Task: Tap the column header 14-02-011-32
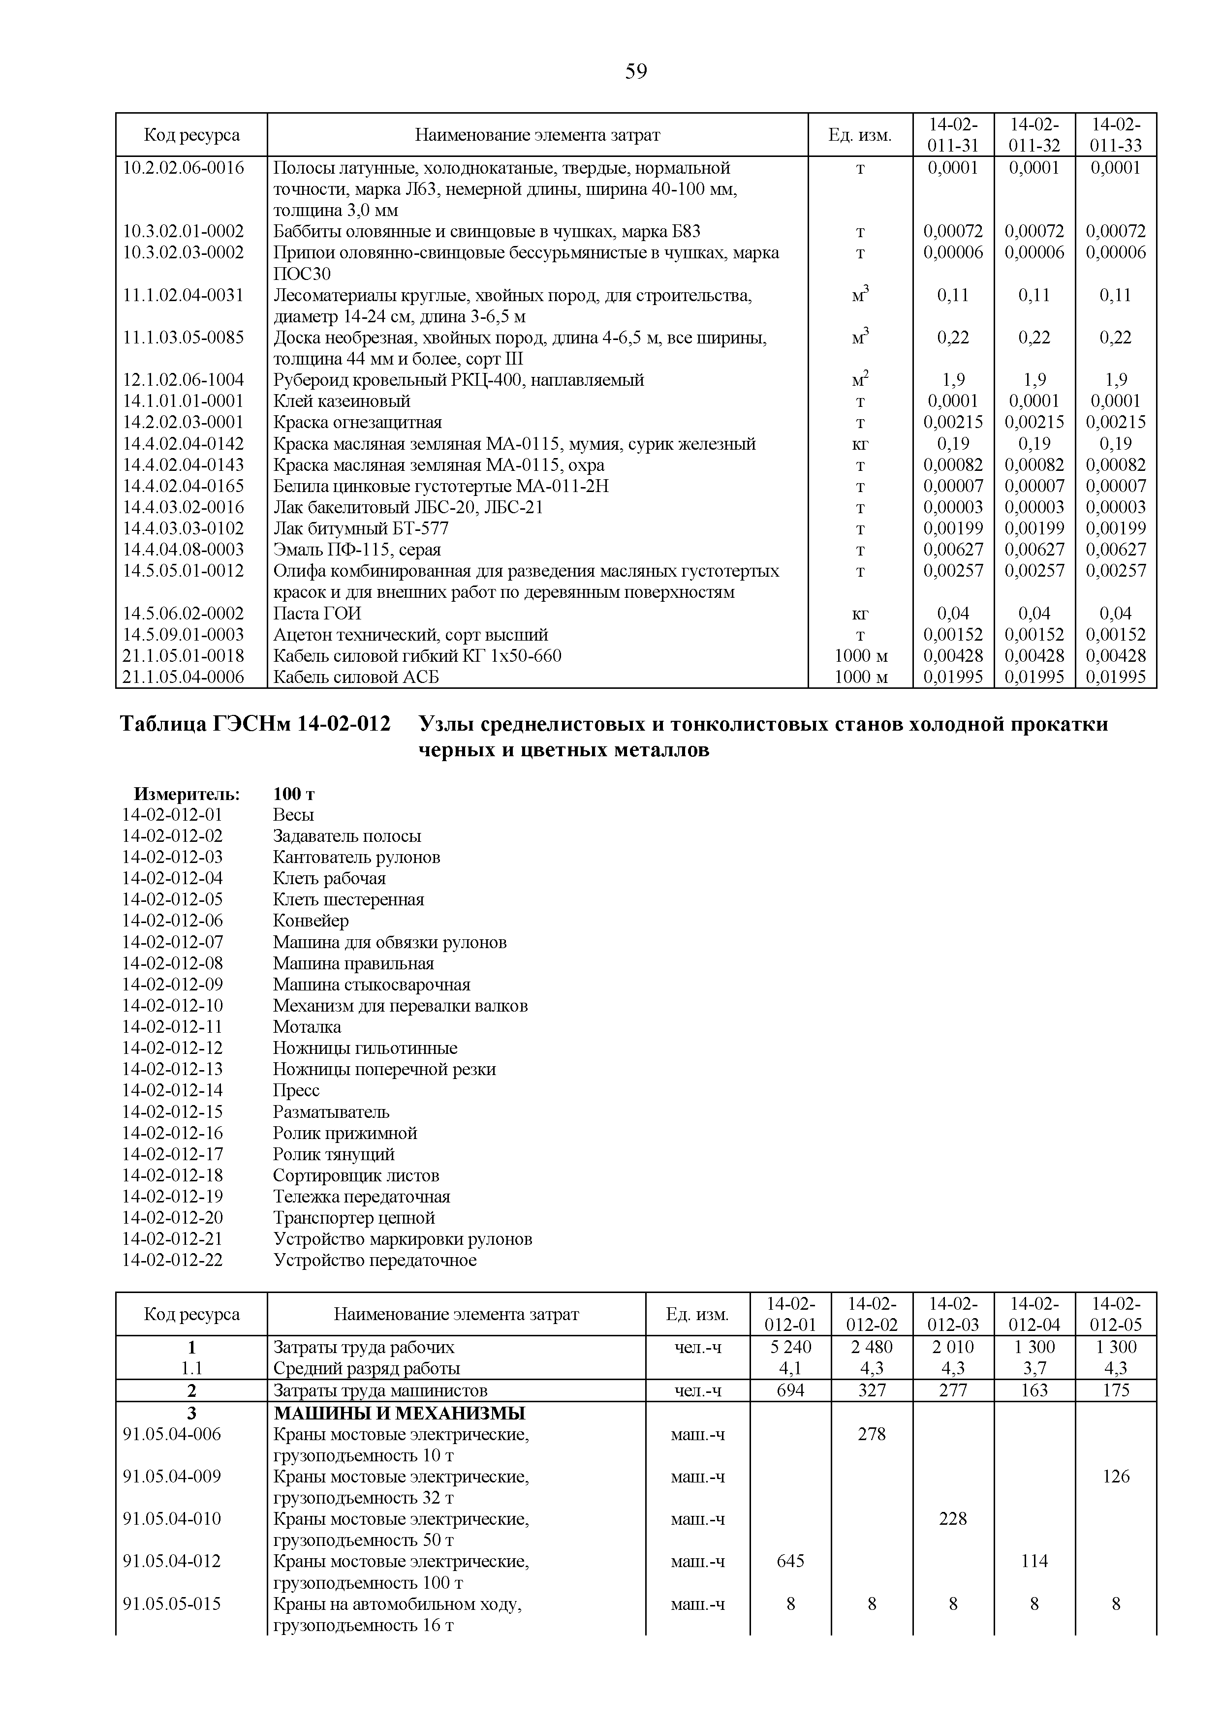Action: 1034,134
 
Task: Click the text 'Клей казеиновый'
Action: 342,401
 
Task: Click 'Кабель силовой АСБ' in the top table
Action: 356,678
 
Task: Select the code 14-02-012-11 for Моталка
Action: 172,1027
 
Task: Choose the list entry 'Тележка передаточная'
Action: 362,1197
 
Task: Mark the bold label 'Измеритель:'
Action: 187,794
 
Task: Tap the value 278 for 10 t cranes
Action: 872,1434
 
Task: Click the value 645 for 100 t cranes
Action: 790,1561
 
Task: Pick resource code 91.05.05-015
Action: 172,1604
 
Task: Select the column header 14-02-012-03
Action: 953,1314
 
